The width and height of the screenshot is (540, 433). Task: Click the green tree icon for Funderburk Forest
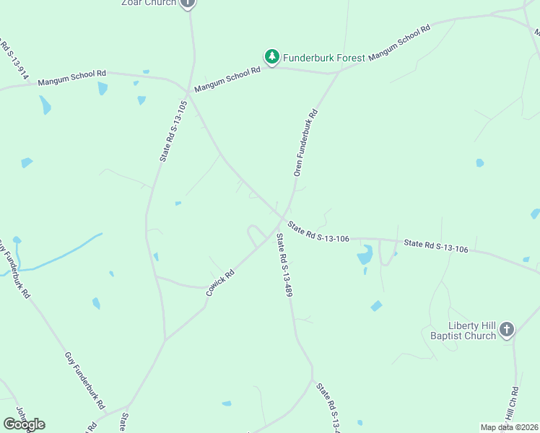point(271,57)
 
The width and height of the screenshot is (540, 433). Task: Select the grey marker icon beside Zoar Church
point(188,3)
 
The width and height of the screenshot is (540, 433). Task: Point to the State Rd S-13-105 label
point(173,131)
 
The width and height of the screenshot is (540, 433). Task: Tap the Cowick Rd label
point(220,283)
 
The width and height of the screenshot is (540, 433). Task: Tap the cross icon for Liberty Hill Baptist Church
point(507,331)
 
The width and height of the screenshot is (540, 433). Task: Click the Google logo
point(24,424)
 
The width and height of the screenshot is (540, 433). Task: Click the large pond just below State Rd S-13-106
point(365,254)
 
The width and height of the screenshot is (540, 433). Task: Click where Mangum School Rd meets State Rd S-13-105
point(188,92)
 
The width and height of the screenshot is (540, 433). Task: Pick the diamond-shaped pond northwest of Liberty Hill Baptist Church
point(376,306)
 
